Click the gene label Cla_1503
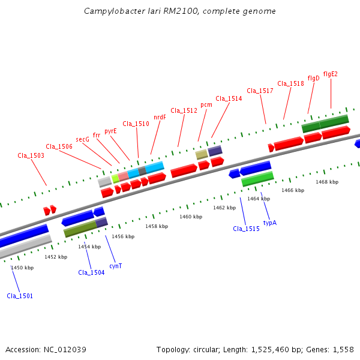pyautogui.click(x=31, y=156)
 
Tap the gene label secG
pyautogui.click(x=83, y=139)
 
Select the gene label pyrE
pyautogui.click(x=110, y=131)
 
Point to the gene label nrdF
pyautogui.click(x=160, y=118)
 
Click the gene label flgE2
pyautogui.click(x=330, y=74)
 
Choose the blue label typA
pyautogui.click(x=270, y=223)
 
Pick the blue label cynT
pyautogui.click(x=116, y=266)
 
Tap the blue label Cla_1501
pyautogui.click(x=20, y=296)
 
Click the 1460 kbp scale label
pyautogui.click(x=190, y=217)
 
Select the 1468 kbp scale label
pyautogui.click(x=327, y=182)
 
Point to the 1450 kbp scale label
pyautogui.click(x=22, y=268)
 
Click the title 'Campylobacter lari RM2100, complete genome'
pyautogui.click(x=180, y=11)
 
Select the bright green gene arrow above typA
pyautogui.click(x=257, y=178)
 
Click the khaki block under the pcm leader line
pyautogui.click(x=202, y=154)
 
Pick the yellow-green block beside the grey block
pyautogui.click(x=115, y=178)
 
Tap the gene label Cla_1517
pyautogui.click(x=260, y=91)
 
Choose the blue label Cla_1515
pyautogui.click(x=246, y=229)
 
